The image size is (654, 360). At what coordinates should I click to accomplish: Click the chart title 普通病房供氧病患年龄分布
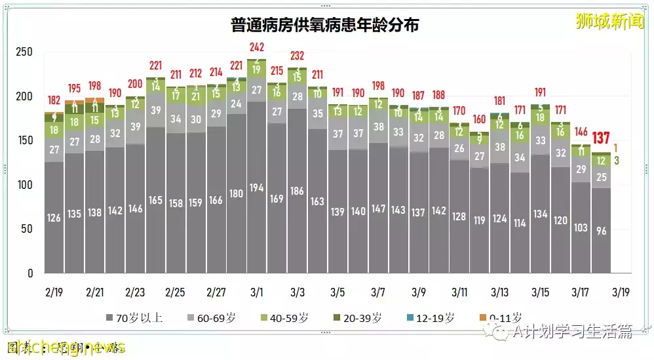coord(325,26)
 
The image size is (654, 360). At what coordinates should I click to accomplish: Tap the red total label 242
coord(257,47)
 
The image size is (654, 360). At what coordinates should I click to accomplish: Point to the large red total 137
coord(602,138)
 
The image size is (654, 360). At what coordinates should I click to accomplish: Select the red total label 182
coord(54,100)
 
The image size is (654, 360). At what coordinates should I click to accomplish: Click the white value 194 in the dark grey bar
coord(257,188)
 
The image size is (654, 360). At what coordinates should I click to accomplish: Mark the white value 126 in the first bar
coord(54,217)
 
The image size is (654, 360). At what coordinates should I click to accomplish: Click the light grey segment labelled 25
coord(602,176)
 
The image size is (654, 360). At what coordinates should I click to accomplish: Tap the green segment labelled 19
coord(257,70)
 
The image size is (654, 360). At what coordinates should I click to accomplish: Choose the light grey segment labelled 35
coord(317,113)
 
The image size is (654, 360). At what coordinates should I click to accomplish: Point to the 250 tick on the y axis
coord(24,52)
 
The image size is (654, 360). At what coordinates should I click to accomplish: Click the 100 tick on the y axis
coord(24,185)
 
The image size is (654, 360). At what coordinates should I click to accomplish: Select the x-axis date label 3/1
coord(257,291)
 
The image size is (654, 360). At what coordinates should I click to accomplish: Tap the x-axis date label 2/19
coord(54,291)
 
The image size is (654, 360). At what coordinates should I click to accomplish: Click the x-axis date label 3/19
coord(621,291)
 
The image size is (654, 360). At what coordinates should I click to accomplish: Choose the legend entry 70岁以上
coord(134,319)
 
